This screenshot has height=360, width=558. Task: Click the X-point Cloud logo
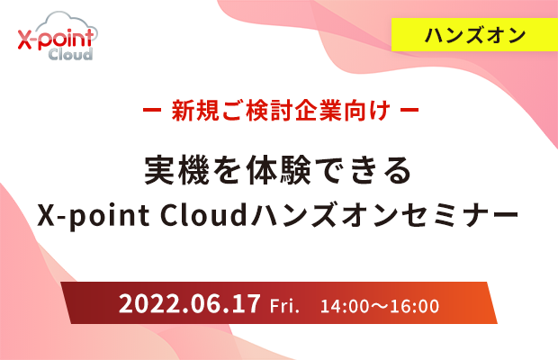(x=58, y=36)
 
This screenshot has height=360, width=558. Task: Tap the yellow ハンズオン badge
(x=474, y=35)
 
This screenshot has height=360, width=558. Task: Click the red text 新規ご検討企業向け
(x=281, y=111)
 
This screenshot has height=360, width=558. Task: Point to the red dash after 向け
(x=409, y=110)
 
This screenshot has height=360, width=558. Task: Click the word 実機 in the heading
(x=177, y=170)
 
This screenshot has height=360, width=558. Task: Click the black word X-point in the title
(x=94, y=216)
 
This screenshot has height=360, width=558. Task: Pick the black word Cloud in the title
(x=203, y=214)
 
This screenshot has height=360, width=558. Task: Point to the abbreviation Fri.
(x=284, y=306)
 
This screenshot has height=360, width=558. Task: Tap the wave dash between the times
(x=380, y=306)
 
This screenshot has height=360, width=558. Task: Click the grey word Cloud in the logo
(x=70, y=54)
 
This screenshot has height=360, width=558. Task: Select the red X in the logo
(x=25, y=39)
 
